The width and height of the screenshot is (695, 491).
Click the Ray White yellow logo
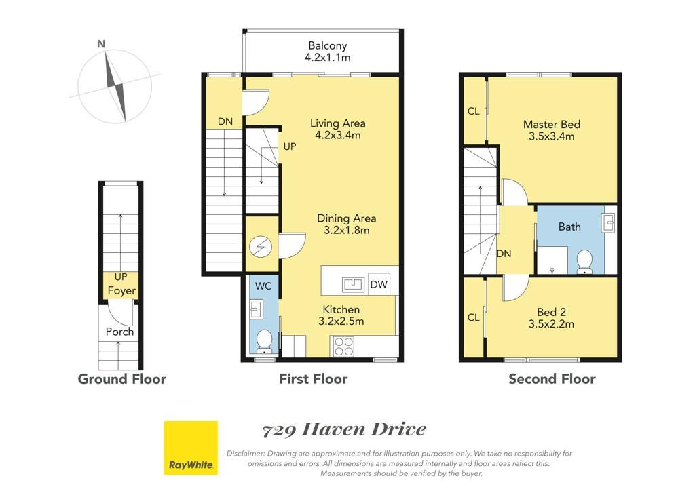[x=191, y=448]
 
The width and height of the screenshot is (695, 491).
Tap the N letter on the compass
[x=101, y=44]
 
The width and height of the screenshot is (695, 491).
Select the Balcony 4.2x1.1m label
[x=328, y=52]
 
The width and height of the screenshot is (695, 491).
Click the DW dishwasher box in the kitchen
[x=379, y=284]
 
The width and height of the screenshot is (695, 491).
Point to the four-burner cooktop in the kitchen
[x=344, y=346]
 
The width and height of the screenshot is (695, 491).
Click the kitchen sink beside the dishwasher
[x=353, y=285]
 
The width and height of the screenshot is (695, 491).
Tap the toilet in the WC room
[x=265, y=342]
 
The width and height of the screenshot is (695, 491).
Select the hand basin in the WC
[x=256, y=309]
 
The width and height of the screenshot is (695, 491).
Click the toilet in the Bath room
[x=584, y=262]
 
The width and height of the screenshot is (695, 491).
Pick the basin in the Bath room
[x=609, y=222]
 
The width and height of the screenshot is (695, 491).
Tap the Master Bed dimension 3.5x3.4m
[x=551, y=136]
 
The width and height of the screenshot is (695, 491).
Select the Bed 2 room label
[x=551, y=312]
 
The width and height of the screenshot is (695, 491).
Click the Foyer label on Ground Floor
[x=121, y=291]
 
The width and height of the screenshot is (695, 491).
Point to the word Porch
[x=119, y=332]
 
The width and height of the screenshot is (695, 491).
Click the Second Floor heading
[x=552, y=379]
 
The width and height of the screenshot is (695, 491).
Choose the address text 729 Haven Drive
[x=344, y=429]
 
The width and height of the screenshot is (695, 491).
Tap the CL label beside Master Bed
[x=473, y=111]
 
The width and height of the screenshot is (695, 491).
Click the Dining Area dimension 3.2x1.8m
[x=347, y=230]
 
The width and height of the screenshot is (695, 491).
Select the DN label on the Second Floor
[x=504, y=254]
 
